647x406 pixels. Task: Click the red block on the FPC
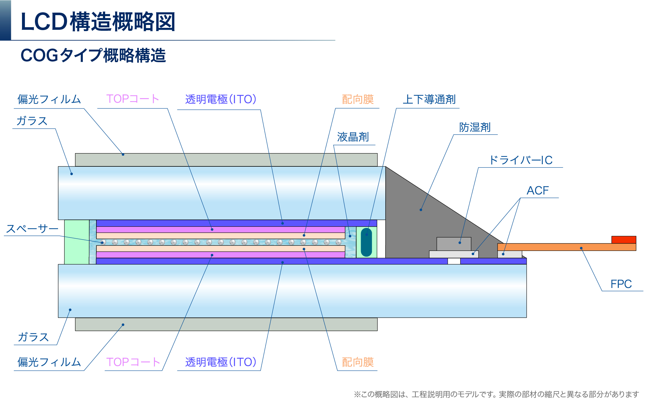pyautogui.click(x=623, y=240)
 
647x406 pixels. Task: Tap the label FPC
pyautogui.click(x=621, y=284)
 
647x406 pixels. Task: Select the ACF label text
pyautogui.click(x=538, y=190)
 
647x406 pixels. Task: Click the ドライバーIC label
pyautogui.click(x=521, y=160)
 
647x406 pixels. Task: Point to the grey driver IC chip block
pyautogui.click(x=454, y=244)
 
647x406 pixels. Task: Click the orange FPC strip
pyautogui.click(x=566, y=247)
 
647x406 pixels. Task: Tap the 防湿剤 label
pyautogui.click(x=475, y=127)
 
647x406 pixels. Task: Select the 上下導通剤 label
pyautogui.click(x=429, y=99)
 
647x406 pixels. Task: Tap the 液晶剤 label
pyautogui.click(x=353, y=137)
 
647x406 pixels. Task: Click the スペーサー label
pyautogui.click(x=32, y=229)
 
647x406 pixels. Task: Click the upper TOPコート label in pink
pyautogui.click(x=133, y=99)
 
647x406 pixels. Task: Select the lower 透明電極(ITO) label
pyautogui.click(x=221, y=362)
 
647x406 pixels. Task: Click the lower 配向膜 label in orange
pyautogui.click(x=357, y=362)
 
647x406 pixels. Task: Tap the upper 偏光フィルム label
pyautogui.click(x=49, y=99)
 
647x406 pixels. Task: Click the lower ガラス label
pyautogui.click(x=33, y=337)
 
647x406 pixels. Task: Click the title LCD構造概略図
pyautogui.click(x=98, y=22)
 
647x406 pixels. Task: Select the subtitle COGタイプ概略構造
pyautogui.click(x=93, y=55)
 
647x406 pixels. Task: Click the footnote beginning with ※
pyautogui.click(x=496, y=394)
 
